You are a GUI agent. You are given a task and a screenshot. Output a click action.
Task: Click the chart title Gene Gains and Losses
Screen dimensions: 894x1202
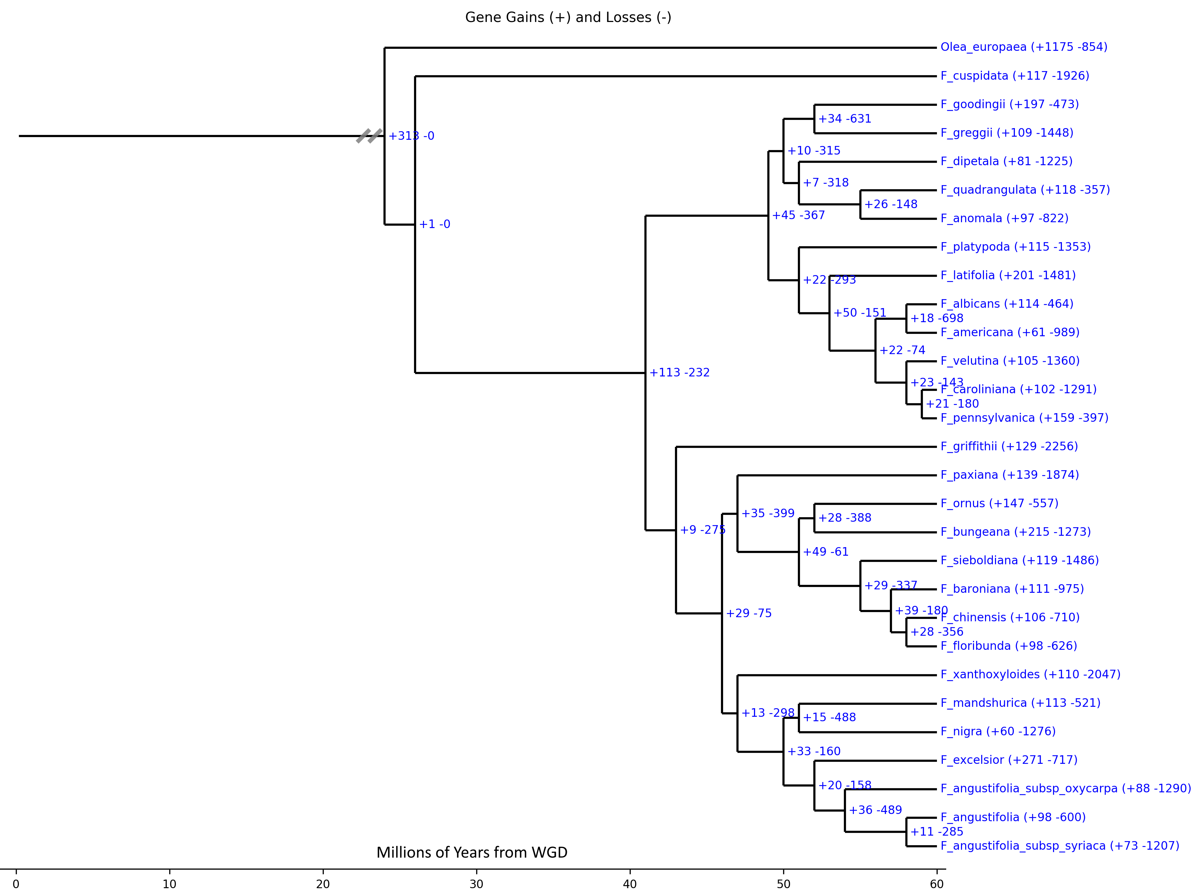point(568,17)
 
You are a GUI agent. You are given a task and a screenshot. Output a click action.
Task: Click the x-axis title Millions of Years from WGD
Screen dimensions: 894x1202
point(472,852)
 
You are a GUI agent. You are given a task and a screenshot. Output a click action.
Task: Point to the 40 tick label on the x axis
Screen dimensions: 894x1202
point(630,884)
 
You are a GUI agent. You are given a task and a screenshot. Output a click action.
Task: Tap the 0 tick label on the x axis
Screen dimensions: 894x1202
point(16,884)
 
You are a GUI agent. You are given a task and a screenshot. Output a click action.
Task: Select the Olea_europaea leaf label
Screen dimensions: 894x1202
point(1023,47)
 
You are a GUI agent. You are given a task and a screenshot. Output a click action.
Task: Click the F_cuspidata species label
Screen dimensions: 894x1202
point(1014,76)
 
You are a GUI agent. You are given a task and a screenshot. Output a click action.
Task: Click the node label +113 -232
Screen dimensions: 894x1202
point(679,372)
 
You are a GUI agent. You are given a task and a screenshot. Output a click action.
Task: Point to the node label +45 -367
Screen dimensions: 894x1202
point(798,215)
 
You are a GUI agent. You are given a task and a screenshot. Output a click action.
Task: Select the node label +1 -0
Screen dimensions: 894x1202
point(434,224)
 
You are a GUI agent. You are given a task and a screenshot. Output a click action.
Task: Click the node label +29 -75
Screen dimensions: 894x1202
point(748,613)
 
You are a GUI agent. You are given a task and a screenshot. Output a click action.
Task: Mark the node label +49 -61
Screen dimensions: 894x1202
point(825,552)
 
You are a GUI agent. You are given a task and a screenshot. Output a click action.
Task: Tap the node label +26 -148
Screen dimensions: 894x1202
point(890,204)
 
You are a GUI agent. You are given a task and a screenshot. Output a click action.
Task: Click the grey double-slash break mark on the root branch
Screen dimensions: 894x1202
point(369,136)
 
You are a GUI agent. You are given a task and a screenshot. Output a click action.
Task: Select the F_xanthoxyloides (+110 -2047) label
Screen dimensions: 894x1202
point(1030,674)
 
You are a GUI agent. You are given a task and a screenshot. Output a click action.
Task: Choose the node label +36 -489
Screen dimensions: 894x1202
point(875,810)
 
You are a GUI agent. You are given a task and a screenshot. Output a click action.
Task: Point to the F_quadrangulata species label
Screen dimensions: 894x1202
point(1024,190)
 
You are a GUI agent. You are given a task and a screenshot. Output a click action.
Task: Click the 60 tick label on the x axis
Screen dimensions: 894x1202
point(936,884)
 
